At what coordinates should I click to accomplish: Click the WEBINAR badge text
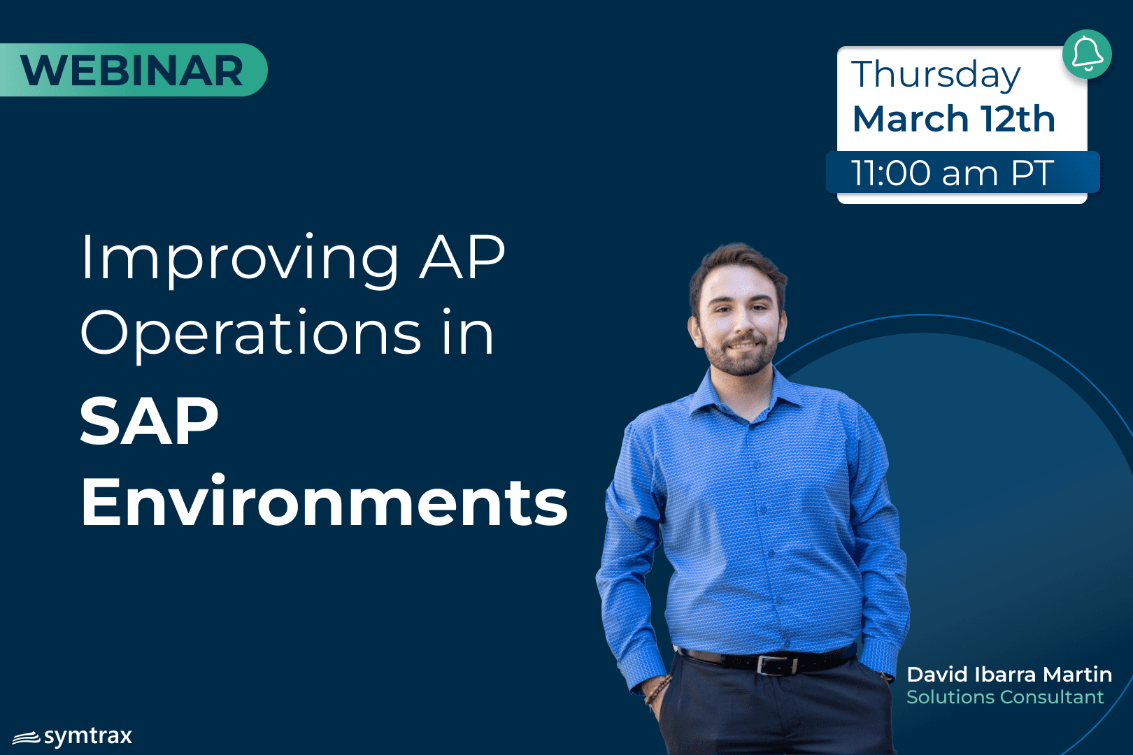[131, 71]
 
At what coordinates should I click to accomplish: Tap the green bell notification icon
[1087, 54]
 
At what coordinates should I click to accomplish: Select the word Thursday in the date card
[936, 75]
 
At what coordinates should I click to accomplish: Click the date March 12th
[954, 119]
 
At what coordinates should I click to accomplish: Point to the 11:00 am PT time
[952, 173]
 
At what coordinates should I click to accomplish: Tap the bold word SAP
[149, 421]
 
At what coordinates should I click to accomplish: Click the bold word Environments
[324, 501]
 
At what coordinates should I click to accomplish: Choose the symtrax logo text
[88, 737]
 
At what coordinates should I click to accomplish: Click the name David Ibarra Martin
[1009, 675]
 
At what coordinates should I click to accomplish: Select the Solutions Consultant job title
[1004, 698]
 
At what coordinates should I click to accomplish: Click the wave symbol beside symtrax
[27, 738]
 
